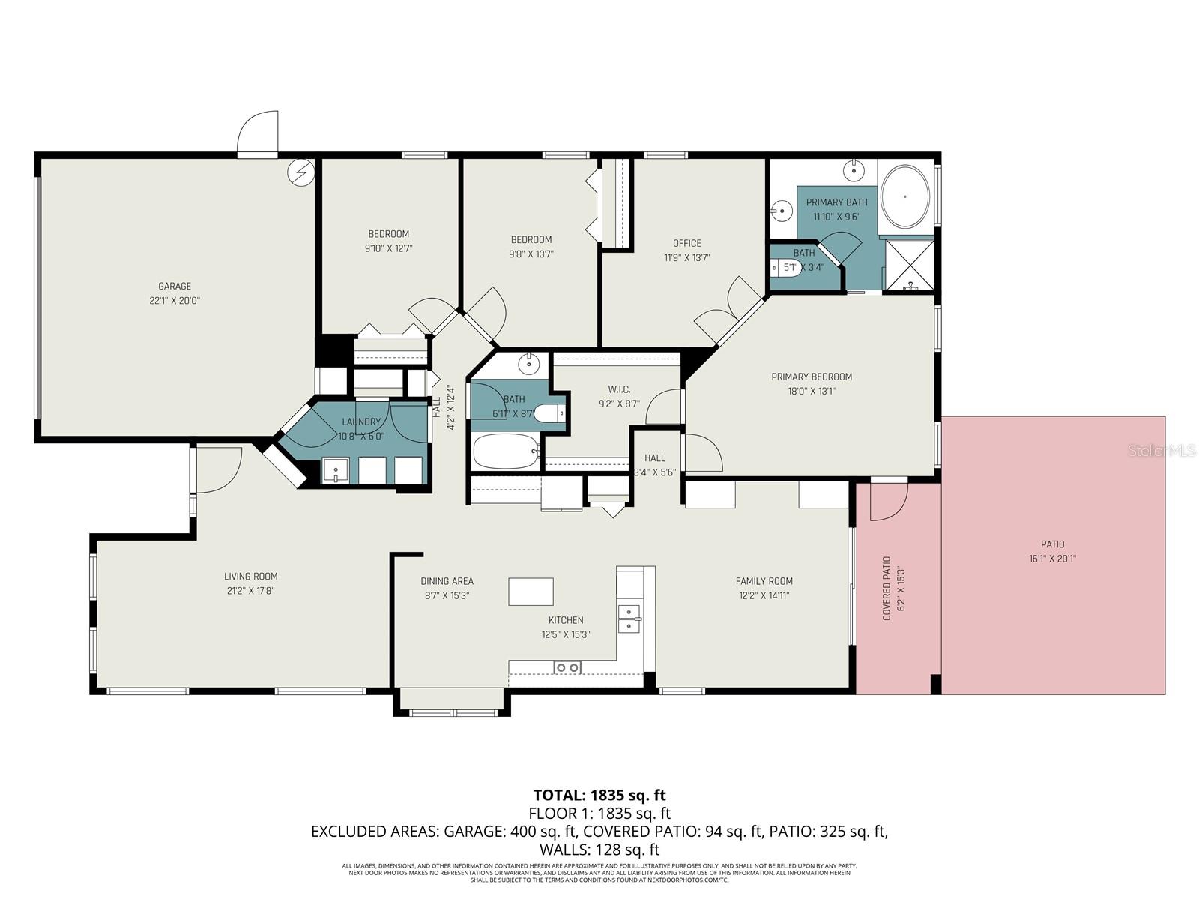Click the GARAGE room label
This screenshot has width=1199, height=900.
[174, 286]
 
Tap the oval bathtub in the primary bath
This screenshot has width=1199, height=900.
[905, 196]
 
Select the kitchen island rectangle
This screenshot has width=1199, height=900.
[531, 592]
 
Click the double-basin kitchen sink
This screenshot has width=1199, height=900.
[629, 619]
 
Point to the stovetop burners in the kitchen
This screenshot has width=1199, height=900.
[567, 667]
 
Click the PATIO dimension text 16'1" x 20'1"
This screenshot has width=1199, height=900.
[1052, 559]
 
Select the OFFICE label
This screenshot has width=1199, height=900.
[686, 243]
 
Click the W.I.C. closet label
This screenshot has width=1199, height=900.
[619, 389]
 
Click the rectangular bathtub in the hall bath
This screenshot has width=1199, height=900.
[506, 451]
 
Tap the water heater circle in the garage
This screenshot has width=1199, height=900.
[301, 173]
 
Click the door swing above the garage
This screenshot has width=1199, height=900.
[259, 135]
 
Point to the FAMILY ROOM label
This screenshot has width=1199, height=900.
[764, 581]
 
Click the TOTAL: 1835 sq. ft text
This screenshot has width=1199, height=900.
[599, 795]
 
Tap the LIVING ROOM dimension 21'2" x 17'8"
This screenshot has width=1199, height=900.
[250, 591]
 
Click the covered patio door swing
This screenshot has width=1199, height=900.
[889, 501]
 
